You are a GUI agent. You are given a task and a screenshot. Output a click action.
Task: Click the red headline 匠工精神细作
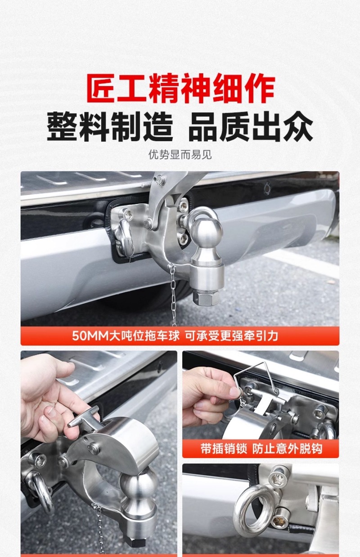pyautogui.click(x=181, y=88)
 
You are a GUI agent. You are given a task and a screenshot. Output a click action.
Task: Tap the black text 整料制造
pyautogui.click(x=110, y=126)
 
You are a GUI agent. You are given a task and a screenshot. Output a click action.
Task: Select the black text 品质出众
pyautogui.click(x=251, y=126)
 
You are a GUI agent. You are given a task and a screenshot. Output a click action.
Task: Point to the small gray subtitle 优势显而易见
pyautogui.click(x=180, y=155)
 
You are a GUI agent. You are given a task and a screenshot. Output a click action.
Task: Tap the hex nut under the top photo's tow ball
pyautogui.click(x=206, y=297)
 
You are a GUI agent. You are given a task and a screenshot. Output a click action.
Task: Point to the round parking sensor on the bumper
pyautogui.click(x=268, y=189)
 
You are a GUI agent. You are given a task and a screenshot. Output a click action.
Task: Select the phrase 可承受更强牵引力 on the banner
pyautogui.click(x=231, y=336)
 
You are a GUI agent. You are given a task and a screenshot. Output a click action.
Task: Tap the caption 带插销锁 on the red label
pyautogui.click(x=224, y=449)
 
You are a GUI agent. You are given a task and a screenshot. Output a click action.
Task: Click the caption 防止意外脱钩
pyautogui.click(x=287, y=449)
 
